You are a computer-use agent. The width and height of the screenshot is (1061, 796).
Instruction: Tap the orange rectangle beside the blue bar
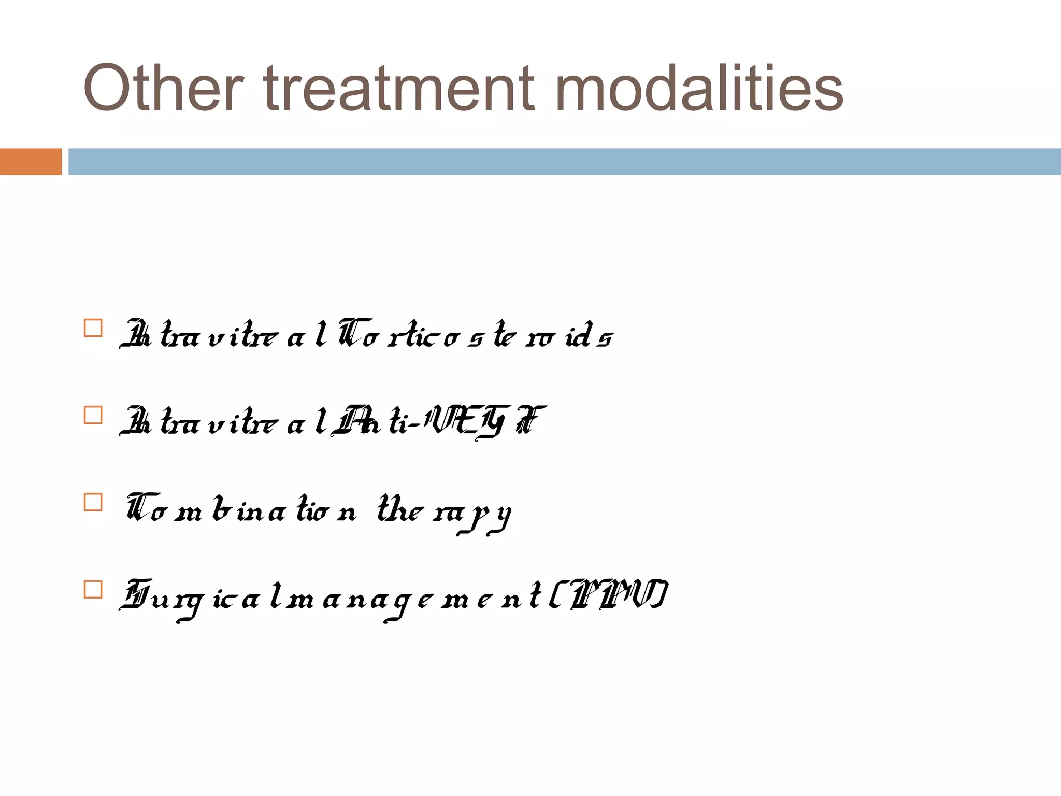31,162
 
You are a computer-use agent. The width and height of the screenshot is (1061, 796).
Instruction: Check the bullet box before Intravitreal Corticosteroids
93,328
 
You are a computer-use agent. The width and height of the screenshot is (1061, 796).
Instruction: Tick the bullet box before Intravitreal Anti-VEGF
93,415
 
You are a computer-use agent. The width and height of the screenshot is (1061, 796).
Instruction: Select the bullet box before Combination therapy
93,502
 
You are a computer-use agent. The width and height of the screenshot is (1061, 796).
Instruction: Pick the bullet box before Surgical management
93,589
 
